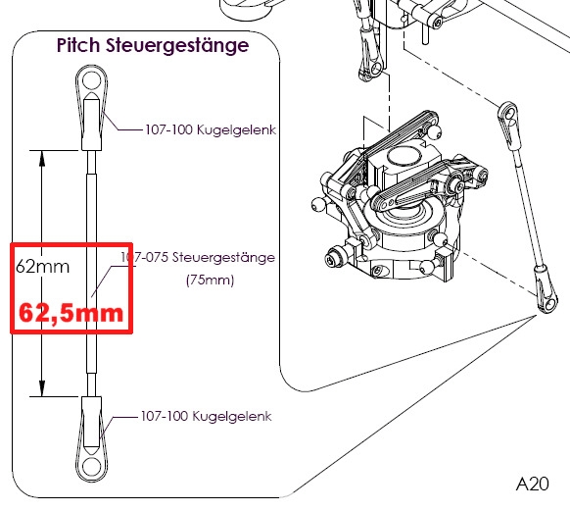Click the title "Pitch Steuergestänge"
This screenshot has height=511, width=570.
(x=153, y=46)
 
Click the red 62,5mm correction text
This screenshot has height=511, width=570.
(x=71, y=313)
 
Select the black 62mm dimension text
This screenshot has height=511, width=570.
(x=42, y=267)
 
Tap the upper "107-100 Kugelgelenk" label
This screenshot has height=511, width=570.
(x=211, y=129)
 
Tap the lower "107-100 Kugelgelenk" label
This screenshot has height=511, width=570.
(x=206, y=416)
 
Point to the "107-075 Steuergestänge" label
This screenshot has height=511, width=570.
(x=198, y=257)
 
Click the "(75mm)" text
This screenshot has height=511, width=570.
(x=210, y=280)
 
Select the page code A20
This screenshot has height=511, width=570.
(x=532, y=485)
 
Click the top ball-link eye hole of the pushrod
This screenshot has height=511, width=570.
(x=91, y=80)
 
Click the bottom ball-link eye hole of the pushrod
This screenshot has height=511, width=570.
(x=91, y=466)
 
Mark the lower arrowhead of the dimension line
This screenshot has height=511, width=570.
(x=42, y=387)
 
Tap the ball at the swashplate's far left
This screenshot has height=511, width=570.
(x=318, y=205)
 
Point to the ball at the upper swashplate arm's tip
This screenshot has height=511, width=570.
(x=435, y=131)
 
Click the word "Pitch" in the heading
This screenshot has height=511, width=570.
(x=78, y=45)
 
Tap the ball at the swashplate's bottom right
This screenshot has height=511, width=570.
(x=426, y=268)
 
